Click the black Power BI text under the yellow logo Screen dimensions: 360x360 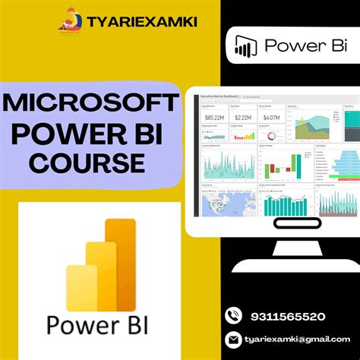click(x=98, y=324)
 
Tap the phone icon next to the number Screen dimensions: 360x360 click(x=233, y=315)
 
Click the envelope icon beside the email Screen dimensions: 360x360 click(x=233, y=339)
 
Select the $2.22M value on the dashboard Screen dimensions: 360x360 click(x=244, y=118)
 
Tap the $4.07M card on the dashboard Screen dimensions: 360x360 click(x=270, y=118)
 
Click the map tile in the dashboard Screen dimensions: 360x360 click(x=217, y=201)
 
